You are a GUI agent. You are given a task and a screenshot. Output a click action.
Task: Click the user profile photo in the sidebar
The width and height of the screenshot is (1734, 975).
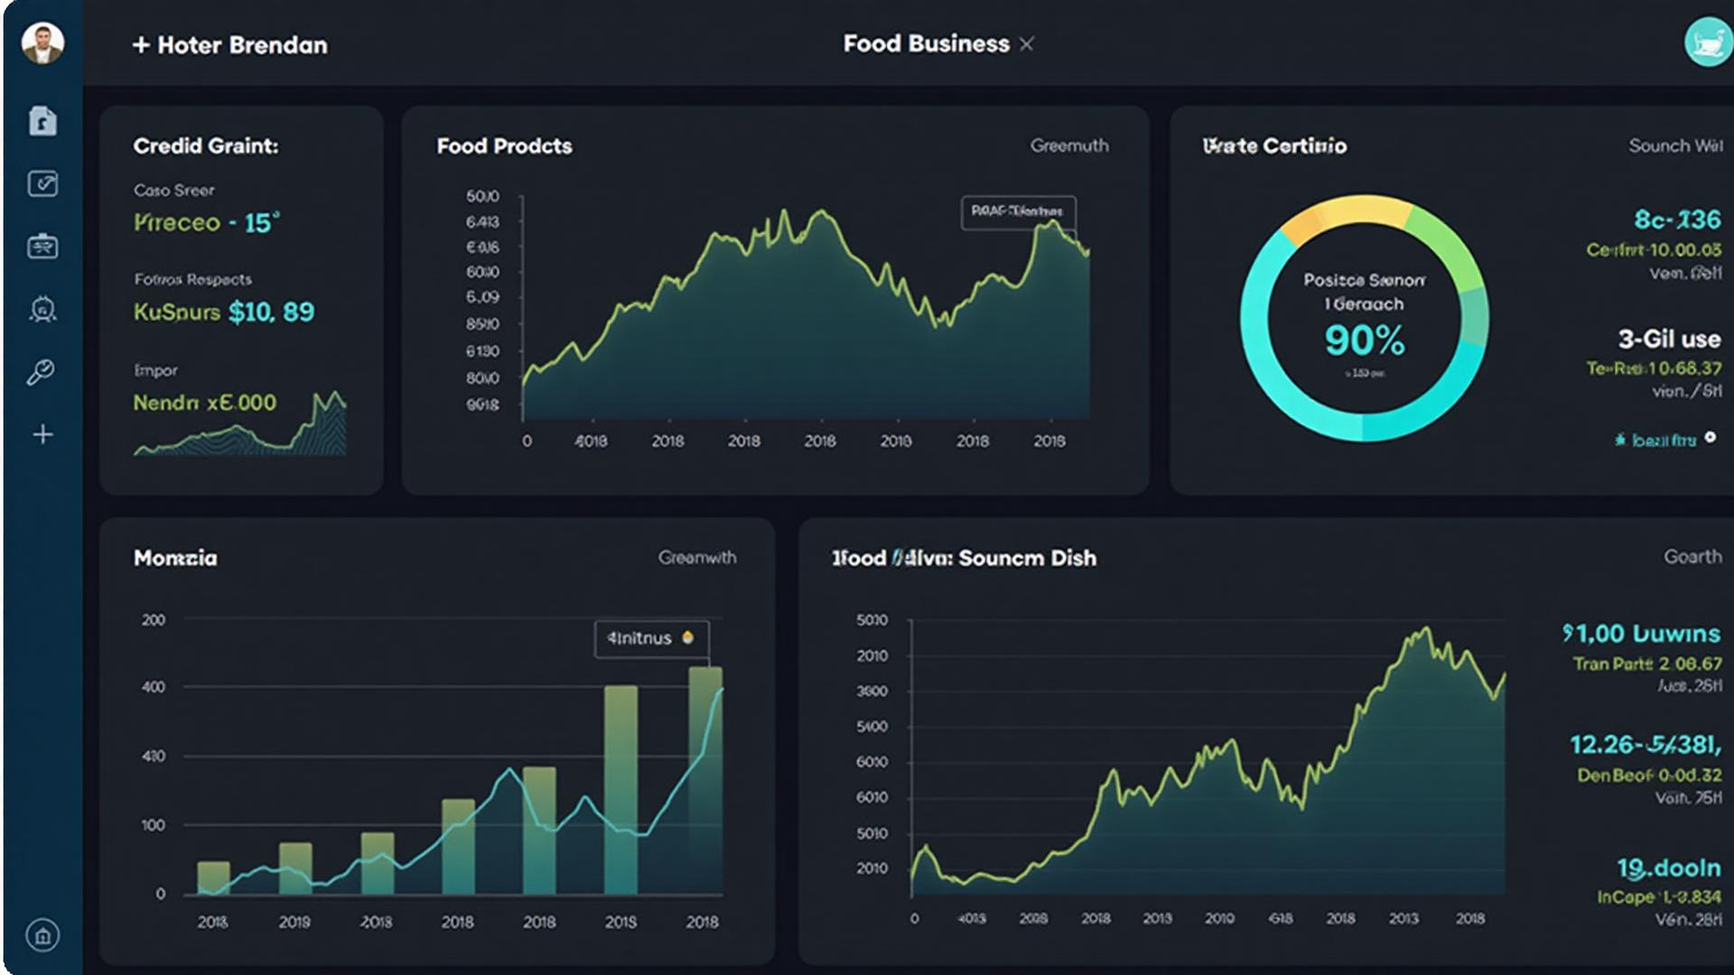[42, 42]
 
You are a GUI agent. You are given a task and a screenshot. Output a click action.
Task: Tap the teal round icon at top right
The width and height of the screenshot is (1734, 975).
[1707, 42]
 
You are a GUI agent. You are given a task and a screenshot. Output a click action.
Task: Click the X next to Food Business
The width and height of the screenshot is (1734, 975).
[1026, 44]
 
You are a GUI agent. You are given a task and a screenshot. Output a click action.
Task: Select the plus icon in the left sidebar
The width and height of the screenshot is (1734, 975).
[42, 434]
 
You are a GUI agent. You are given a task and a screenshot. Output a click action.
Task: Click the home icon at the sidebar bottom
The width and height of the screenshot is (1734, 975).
[42, 934]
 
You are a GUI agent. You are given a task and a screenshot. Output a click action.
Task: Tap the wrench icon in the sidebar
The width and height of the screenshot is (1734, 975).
[41, 372]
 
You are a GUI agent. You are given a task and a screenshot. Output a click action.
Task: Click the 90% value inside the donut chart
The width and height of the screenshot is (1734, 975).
[1364, 340]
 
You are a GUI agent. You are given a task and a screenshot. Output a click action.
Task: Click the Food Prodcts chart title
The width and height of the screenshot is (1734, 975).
[504, 146]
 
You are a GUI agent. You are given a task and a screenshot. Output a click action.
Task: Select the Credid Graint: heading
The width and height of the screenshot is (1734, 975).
[206, 146]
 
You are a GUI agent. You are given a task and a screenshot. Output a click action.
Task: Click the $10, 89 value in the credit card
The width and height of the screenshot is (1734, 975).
[271, 312]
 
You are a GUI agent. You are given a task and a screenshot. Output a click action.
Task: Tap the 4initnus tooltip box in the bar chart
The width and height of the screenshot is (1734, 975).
[651, 638]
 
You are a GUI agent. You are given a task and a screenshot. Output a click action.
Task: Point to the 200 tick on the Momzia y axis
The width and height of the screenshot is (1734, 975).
[154, 620]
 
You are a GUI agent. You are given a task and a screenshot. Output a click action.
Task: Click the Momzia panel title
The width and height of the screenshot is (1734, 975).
[175, 558]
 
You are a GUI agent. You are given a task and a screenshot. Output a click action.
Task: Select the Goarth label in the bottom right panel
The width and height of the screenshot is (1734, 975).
[1692, 557]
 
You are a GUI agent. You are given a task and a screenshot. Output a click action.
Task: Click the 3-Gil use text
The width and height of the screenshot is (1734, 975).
[1668, 339]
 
